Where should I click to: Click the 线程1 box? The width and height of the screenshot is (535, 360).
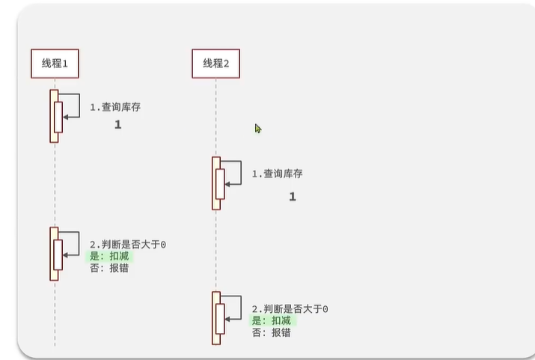[55, 64]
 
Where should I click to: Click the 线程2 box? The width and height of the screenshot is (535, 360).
[215, 64]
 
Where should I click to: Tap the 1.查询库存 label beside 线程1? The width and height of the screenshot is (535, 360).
[115, 107]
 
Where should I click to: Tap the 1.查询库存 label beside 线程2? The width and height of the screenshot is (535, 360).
[277, 174]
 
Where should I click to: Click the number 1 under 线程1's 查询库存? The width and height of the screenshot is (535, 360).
[117, 125]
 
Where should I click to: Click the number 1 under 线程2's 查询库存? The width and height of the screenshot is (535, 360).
[293, 197]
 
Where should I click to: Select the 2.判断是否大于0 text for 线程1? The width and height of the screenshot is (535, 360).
[127, 245]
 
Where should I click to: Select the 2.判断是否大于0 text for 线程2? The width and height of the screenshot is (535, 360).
[290, 308]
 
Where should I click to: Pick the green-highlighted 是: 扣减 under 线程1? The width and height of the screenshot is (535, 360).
[110, 256]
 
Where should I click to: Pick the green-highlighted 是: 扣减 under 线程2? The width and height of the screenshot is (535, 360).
[272, 320]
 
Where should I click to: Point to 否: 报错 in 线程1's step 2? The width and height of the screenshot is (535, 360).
[109, 267]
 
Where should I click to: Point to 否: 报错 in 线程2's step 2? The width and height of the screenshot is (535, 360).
[271, 332]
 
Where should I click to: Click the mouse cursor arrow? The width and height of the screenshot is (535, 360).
[257, 128]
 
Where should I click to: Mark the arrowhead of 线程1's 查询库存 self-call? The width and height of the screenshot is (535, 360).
[66, 117]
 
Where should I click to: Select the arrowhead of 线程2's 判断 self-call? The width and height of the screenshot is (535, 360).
[227, 319]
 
